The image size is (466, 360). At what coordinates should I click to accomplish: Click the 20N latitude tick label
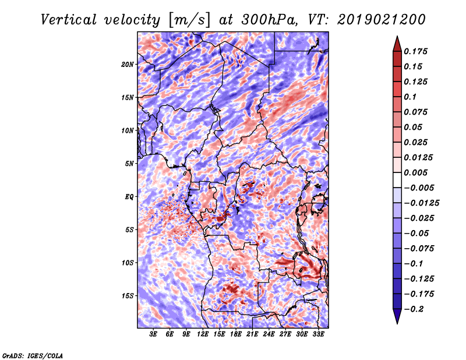click(x=128, y=64)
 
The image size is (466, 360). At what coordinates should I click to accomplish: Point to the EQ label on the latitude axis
click(x=129, y=196)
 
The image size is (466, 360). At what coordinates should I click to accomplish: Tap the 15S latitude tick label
click(x=128, y=295)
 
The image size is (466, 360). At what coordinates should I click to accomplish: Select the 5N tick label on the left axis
click(x=129, y=163)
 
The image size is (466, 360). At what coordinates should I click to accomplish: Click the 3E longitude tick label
click(x=153, y=334)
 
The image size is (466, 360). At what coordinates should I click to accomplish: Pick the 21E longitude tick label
click(x=252, y=334)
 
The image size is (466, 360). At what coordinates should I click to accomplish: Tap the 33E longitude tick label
click(x=318, y=334)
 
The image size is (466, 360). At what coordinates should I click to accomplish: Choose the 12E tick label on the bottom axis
click(x=203, y=334)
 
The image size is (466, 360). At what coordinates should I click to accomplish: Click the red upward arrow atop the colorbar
click(x=396, y=43)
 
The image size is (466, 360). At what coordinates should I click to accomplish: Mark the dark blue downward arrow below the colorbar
click(x=396, y=317)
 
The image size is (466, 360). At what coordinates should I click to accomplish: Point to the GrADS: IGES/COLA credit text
click(x=32, y=355)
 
